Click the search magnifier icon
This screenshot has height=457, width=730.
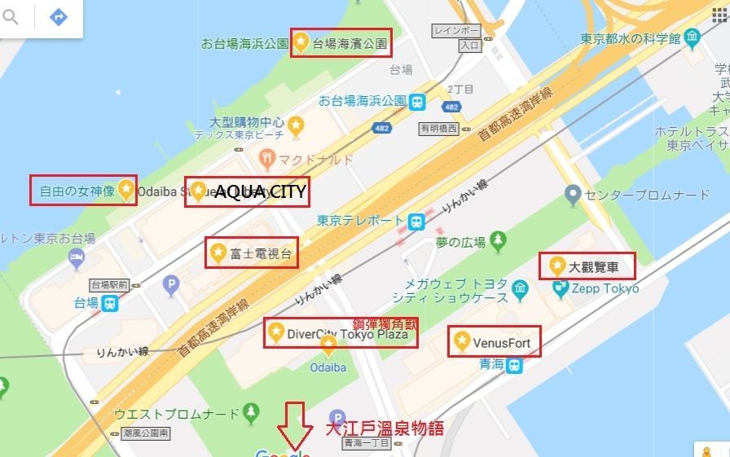[x=10, y=17]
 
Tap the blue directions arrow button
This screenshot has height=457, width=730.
[x=58, y=17]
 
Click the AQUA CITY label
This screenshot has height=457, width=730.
[x=260, y=192]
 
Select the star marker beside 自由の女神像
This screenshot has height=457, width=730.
[x=125, y=190]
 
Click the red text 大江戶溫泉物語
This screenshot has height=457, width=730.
[x=385, y=428]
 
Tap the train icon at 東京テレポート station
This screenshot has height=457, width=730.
[x=416, y=221]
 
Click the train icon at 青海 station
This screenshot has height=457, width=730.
[x=514, y=367]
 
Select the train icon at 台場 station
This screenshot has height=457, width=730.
[x=109, y=303]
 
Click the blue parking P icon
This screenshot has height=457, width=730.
[x=170, y=285]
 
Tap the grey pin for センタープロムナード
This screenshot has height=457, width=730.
[x=573, y=194]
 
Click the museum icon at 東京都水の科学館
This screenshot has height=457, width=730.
[x=693, y=37]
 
